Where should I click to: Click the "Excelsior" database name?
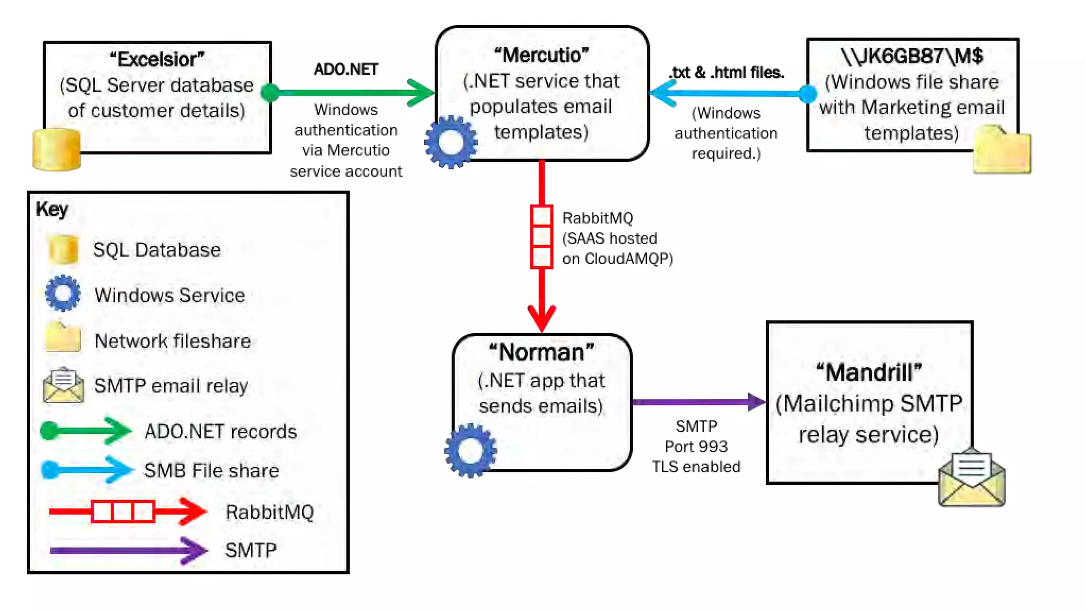(x=157, y=59)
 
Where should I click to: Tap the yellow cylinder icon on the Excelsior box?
(x=57, y=150)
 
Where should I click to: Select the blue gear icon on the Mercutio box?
(x=451, y=142)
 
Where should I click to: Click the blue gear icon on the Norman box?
(x=470, y=450)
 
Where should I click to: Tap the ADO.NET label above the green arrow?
(x=346, y=69)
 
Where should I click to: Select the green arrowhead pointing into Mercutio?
(x=422, y=93)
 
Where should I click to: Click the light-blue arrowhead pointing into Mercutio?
(x=662, y=94)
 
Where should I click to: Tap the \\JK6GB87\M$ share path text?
(x=912, y=56)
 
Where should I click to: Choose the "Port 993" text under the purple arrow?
(x=696, y=447)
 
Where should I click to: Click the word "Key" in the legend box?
(x=52, y=209)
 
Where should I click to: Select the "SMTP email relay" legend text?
(x=171, y=386)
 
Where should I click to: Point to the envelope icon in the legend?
(x=63, y=386)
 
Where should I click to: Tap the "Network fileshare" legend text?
(x=172, y=341)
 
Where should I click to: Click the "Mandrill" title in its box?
(x=869, y=372)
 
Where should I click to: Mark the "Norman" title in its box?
(x=541, y=352)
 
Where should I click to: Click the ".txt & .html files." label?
(x=726, y=73)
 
